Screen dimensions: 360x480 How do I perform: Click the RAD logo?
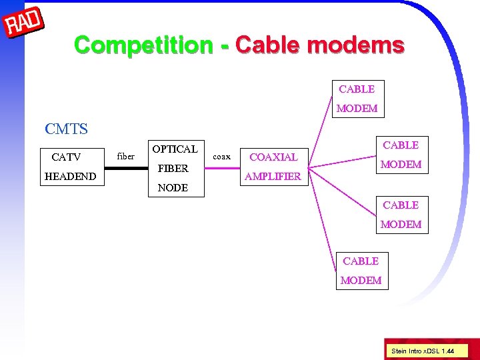pyautogui.click(x=24, y=24)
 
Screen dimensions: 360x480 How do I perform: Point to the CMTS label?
pyautogui.click(x=66, y=128)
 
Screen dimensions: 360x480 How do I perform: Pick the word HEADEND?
pyautogui.click(x=70, y=177)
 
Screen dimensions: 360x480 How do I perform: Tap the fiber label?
pyautogui.click(x=125, y=157)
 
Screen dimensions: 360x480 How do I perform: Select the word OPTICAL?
pyautogui.click(x=175, y=149)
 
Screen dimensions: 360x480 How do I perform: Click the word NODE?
pyautogui.click(x=173, y=188)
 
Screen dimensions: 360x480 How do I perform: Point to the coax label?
pyautogui.click(x=221, y=157)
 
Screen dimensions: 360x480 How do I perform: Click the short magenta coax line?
pyautogui.click(x=221, y=168)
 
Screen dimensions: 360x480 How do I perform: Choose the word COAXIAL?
pyautogui.click(x=273, y=157)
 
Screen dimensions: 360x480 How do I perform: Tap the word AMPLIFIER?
pyautogui.click(x=273, y=177)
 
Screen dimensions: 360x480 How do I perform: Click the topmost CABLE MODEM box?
pyautogui.click(x=357, y=99)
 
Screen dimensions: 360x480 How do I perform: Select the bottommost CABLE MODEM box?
pyautogui.click(x=361, y=271)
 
